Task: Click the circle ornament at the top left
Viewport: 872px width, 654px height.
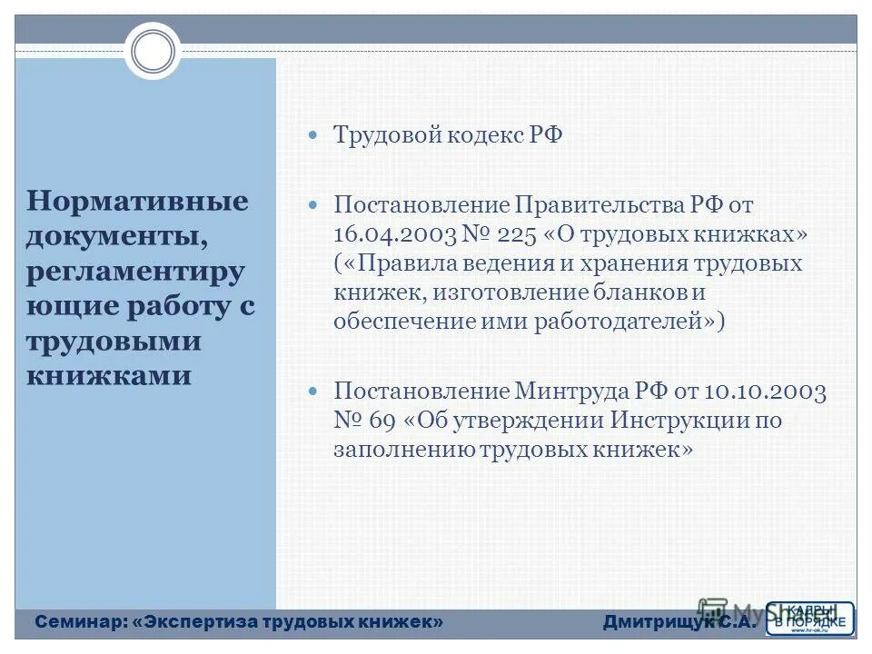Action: (x=153, y=51)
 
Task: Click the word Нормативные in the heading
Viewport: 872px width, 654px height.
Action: (x=137, y=201)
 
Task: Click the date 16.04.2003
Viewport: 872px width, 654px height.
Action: (x=395, y=234)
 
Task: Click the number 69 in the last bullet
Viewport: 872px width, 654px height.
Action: (x=381, y=421)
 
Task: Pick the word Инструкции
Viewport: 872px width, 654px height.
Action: (x=675, y=421)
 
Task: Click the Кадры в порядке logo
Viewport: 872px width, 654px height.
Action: (x=811, y=618)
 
